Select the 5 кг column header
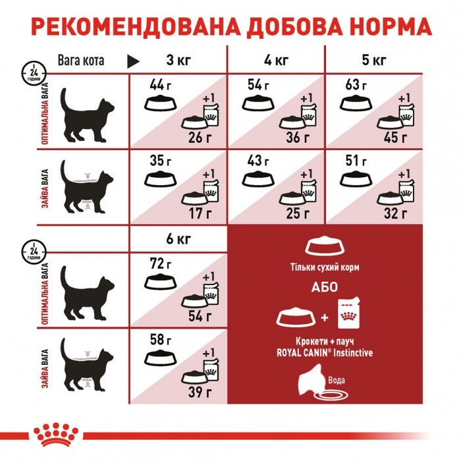pyautogui.click(x=374, y=62)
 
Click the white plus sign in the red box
pyautogui.click(x=323, y=318)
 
